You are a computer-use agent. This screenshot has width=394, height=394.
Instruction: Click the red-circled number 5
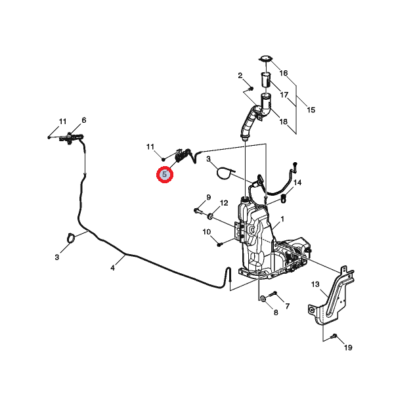click(x=165, y=175)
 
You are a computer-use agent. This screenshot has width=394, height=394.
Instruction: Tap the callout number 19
click(x=348, y=347)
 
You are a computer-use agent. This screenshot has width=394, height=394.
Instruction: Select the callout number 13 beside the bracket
click(x=315, y=284)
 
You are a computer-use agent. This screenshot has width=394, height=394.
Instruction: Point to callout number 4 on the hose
click(x=112, y=268)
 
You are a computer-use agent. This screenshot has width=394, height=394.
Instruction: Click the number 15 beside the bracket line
click(x=311, y=110)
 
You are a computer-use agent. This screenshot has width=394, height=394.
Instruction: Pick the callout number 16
click(x=284, y=73)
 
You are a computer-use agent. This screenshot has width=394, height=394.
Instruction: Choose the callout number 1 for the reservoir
click(x=282, y=219)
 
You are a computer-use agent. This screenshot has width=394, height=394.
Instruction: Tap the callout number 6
click(x=84, y=120)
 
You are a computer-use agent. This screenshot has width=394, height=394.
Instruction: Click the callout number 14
click(x=297, y=183)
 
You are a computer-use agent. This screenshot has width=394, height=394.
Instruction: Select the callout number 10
click(x=207, y=232)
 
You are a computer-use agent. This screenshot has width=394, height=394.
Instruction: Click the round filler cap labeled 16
click(x=266, y=59)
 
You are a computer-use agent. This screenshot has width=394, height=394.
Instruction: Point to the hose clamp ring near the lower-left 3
click(x=71, y=238)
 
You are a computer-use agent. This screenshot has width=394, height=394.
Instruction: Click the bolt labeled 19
click(x=334, y=336)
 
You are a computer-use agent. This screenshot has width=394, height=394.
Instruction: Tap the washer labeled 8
click(x=263, y=299)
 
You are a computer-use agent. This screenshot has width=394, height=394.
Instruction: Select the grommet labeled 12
click(x=210, y=216)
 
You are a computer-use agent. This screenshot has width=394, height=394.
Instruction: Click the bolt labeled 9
click(x=198, y=210)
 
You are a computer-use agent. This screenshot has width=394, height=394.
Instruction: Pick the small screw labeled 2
click(x=252, y=88)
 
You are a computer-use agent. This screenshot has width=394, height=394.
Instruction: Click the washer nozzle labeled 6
click(x=71, y=138)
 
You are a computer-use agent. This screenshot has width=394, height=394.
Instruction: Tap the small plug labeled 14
click(x=284, y=198)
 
